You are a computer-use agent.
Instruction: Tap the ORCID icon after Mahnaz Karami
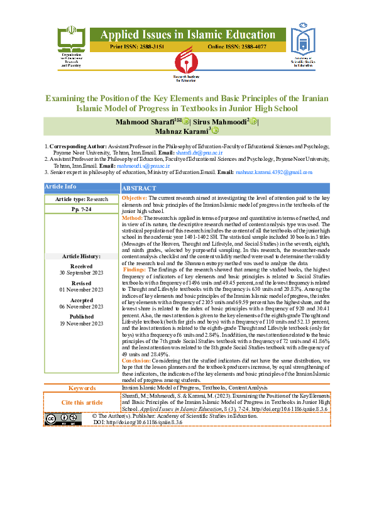(x=215, y=131)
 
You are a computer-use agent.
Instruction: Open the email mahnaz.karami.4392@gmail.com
(x=274, y=172)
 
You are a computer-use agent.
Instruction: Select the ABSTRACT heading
(x=140, y=188)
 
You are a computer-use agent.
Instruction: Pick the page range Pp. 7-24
(x=81, y=209)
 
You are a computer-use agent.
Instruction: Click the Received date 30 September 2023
(x=81, y=272)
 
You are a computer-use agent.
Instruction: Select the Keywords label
(x=82, y=388)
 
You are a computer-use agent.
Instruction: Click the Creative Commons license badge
(x=63, y=420)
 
